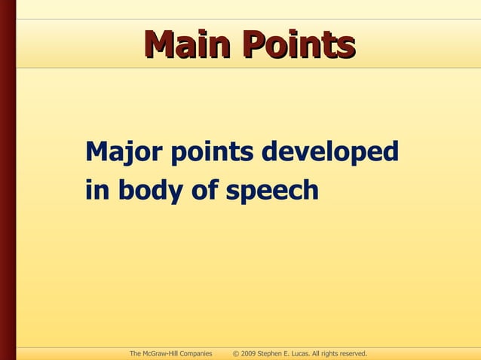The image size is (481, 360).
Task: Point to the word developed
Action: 329,153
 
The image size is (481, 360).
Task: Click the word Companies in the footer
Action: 196,353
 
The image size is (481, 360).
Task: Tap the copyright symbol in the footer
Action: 236,353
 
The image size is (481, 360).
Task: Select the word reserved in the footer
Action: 351,353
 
